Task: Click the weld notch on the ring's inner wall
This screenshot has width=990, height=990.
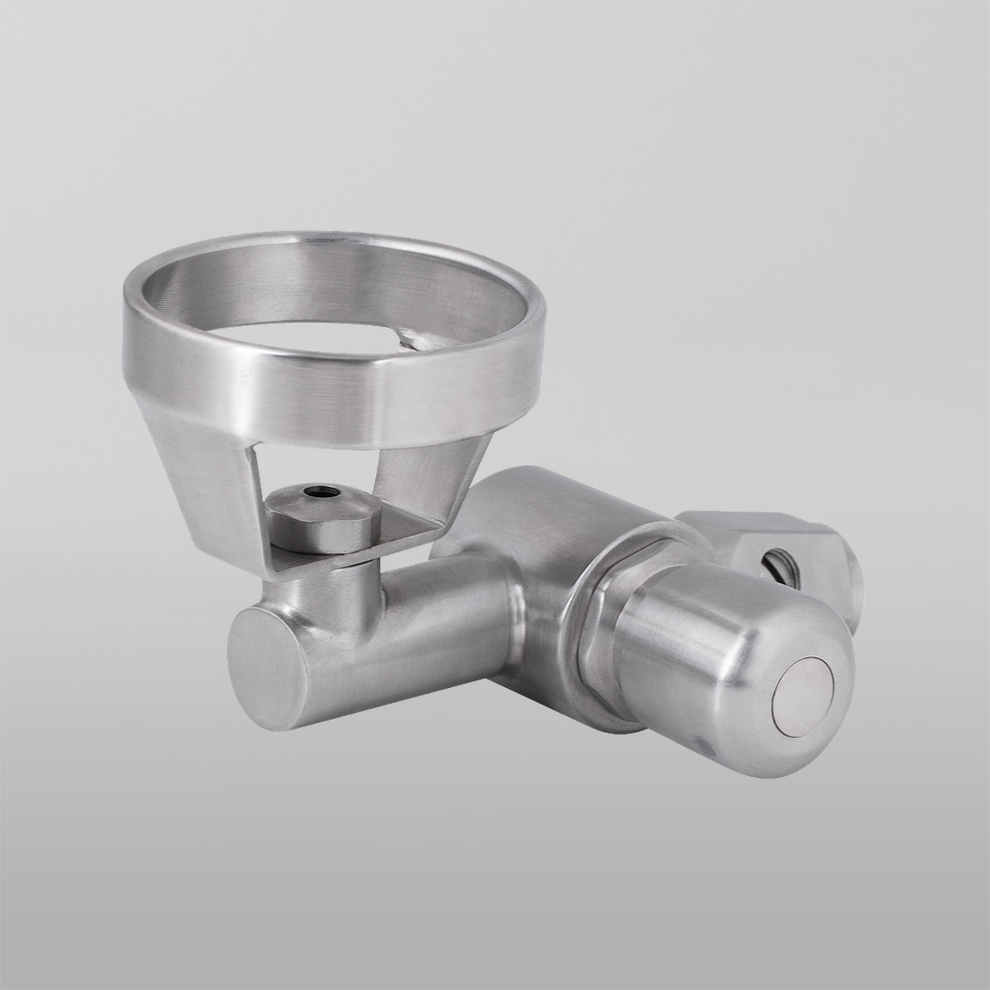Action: tap(411, 340)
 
